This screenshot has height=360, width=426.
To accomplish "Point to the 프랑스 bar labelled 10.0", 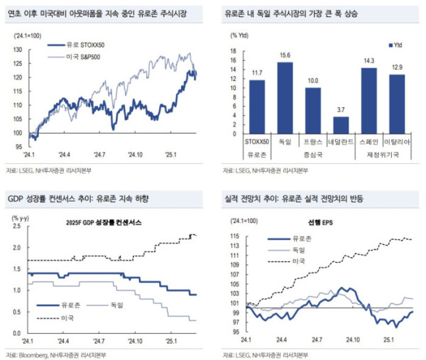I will pyautogui.click(x=313, y=110).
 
